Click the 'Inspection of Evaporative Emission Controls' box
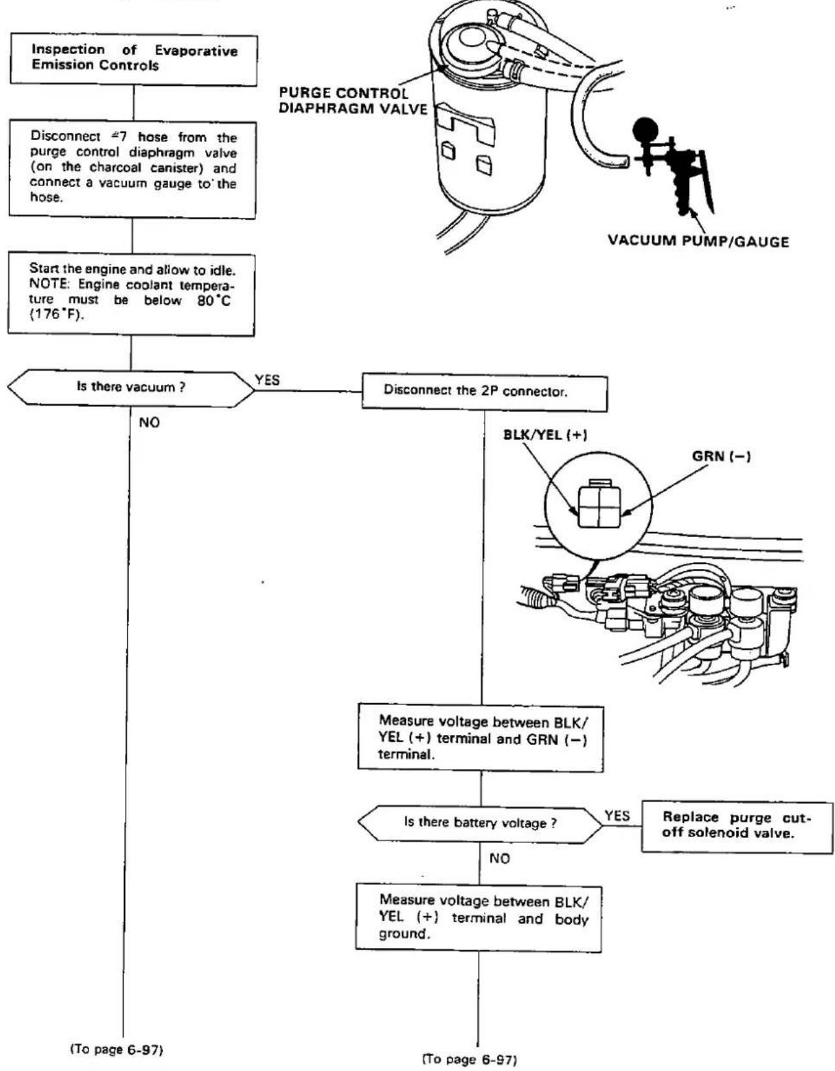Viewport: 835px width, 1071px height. pos(134,60)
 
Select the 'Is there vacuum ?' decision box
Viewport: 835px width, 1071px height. pos(131,389)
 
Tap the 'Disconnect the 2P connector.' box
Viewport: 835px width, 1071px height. pos(485,393)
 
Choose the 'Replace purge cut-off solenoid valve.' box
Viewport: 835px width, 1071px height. pos(737,827)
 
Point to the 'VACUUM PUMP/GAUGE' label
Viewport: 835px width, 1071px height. pos(698,241)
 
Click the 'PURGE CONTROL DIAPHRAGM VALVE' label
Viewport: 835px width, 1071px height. pos(353,100)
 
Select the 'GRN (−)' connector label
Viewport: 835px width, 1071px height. pos(721,456)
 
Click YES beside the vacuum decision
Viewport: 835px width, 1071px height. pos(267,380)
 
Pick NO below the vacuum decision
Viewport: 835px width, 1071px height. pos(149,423)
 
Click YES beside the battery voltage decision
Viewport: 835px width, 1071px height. pos(617,816)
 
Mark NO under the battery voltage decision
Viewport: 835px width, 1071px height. pos(500,859)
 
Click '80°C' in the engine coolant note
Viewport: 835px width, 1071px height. pos(214,300)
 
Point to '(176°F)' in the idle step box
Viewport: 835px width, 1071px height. pos(57,315)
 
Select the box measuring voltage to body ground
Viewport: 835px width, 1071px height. pos(479,919)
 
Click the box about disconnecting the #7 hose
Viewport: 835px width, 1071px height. pos(133,169)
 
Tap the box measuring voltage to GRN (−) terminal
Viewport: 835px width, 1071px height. pos(481,739)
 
